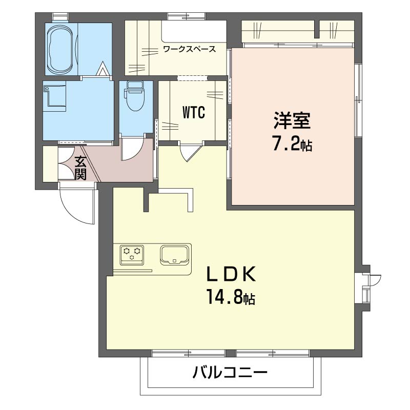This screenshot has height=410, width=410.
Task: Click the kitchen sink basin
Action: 174,254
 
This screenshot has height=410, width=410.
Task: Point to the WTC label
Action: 194,112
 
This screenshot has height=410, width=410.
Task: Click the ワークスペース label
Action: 189,50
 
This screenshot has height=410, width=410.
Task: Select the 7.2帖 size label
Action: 292,145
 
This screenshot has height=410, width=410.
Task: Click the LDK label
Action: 231,274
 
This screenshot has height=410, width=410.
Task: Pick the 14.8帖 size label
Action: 231,297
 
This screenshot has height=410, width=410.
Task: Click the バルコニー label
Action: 230,373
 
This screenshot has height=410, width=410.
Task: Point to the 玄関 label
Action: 80,168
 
